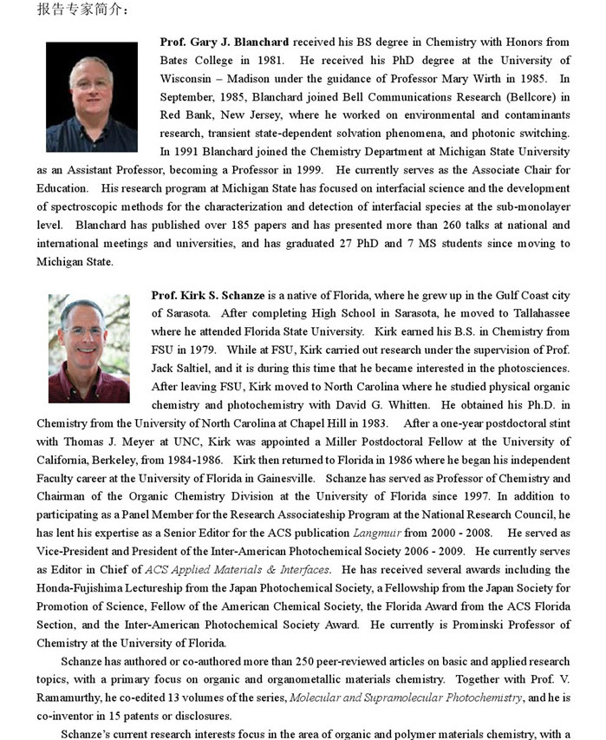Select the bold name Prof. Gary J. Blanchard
(225, 42)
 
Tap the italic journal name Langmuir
(377, 533)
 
